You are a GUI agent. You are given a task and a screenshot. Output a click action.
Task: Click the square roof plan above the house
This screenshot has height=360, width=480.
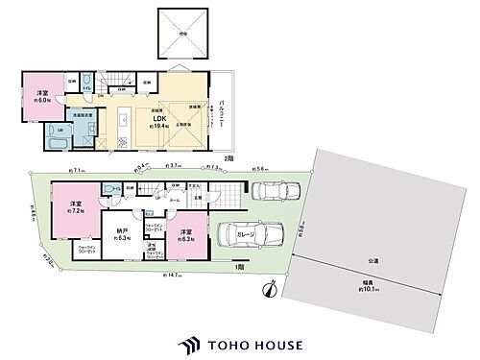click(x=180, y=33)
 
